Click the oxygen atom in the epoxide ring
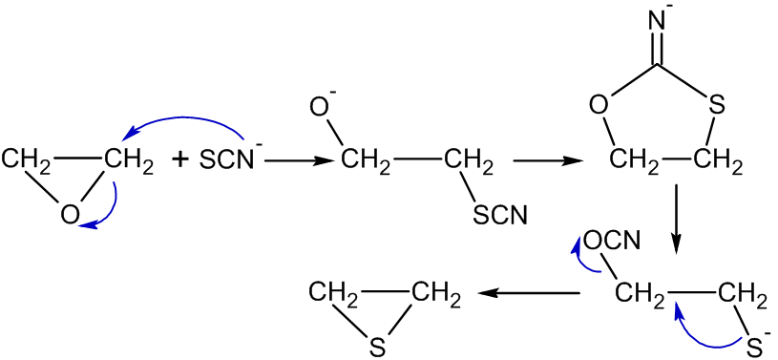(x=70, y=214)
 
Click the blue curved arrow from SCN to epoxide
(x=191, y=122)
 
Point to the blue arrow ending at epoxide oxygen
(x=106, y=211)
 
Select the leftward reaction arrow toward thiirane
(x=530, y=295)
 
